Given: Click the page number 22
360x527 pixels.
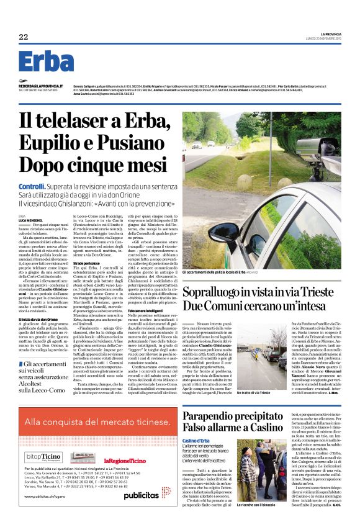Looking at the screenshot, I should click(24, 37).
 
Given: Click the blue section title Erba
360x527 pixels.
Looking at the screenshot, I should click(46, 61).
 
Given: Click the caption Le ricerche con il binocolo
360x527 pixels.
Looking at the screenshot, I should click(259, 522).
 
